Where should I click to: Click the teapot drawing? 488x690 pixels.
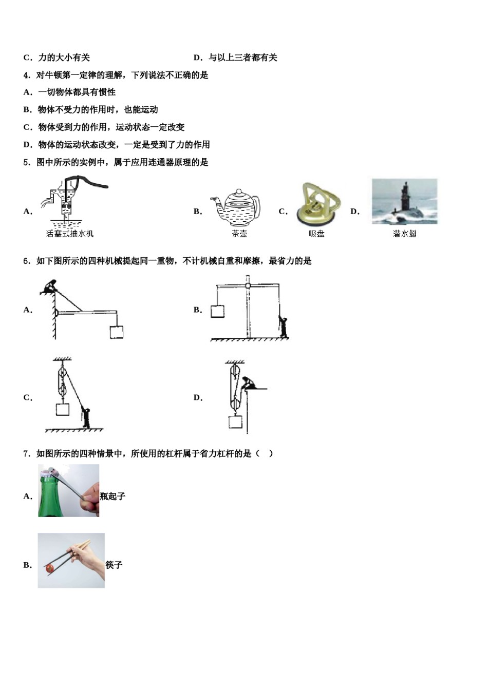point(236,207)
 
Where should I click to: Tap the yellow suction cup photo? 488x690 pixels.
point(317,204)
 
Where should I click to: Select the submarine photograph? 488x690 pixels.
point(404,201)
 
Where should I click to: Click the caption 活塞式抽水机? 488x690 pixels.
point(70,234)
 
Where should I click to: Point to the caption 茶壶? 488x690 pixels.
point(239,234)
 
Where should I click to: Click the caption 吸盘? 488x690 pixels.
point(316,234)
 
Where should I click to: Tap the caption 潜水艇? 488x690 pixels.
point(404,234)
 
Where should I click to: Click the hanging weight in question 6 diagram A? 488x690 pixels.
point(117,332)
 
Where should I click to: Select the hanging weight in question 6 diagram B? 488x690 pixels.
point(217,311)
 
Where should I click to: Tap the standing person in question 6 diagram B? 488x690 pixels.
point(283,327)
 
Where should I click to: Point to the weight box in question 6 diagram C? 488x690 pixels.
point(62,410)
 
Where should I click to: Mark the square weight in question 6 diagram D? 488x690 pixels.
point(235,422)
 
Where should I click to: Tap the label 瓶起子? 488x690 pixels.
point(112,496)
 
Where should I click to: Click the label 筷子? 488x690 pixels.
point(114,565)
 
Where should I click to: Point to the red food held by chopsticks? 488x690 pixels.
point(50,568)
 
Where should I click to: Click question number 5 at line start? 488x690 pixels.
point(26,162)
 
